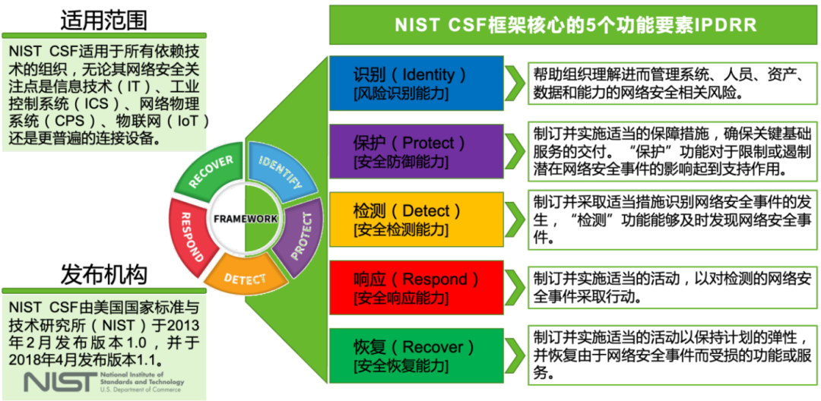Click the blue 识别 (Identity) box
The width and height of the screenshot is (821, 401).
tap(416, 83)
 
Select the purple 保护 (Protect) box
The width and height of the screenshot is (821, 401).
tap(416, 151)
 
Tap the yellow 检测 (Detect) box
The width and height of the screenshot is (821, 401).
tap(416, 219)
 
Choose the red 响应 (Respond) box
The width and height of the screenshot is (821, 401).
tap(416, 287)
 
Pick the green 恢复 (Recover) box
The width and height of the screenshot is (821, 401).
tap(416, 355)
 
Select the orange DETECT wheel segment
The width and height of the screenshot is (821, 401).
tap(245, 278)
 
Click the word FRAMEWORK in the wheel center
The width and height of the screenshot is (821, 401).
tap(245, 219)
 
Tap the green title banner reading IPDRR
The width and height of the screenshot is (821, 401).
tap(575, 24)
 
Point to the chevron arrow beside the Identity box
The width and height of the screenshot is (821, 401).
tap(516, 83)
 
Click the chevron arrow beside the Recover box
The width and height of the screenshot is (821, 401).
tap(516, 355)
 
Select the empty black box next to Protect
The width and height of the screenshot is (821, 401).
tap(673, 151)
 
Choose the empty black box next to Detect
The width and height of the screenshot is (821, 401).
tap(673, 219)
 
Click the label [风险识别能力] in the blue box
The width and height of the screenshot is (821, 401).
tap(401, 94)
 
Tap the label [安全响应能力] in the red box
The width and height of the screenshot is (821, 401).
tap(401, 298)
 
